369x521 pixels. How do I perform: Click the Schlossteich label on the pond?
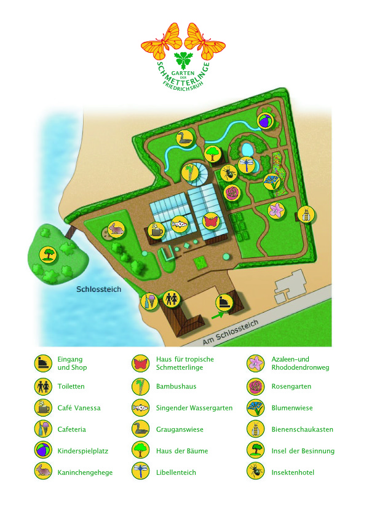(x=98, y=289)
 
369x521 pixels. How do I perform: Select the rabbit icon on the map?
(x=116, y=229)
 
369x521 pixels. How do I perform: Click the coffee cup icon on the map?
(x=156, y=230)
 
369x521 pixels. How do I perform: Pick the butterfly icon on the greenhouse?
(x=210, y=221)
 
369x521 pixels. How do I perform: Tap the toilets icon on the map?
(x=172, y=298)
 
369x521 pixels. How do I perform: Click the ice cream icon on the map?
(x=148, y=301)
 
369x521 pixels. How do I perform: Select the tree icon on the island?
(x=47, y=254)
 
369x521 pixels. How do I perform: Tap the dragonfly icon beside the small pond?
(x=247, y=165)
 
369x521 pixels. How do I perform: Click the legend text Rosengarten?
(x=291, y=386)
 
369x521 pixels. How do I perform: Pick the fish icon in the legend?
(x=140, y=408)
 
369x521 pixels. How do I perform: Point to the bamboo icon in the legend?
(x=140, y=386)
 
